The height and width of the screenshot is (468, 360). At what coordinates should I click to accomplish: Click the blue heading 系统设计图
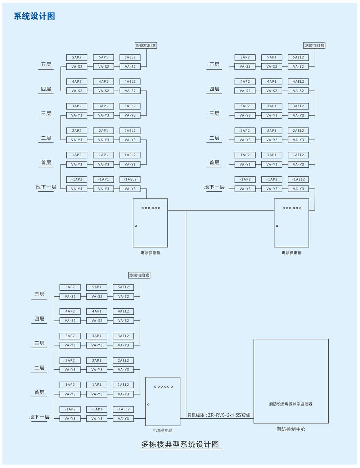tap(34, 16)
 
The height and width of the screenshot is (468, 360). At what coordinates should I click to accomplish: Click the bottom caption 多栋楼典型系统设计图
tap(180, 444)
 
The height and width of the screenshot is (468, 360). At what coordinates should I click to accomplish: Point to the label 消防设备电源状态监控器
tap(291, 404)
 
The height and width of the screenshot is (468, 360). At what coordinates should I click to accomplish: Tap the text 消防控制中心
tap(291, 429)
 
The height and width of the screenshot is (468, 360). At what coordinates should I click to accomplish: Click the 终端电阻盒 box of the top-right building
tap(314, 45)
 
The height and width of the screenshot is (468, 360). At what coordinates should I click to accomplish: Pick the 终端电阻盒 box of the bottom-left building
tap(139, 275)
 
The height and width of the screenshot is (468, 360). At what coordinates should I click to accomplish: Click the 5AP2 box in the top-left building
tap(77, 57)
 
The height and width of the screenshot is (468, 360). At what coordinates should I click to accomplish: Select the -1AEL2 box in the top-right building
tap(298, 179)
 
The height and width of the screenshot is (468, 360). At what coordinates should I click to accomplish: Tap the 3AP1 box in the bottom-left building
tap(97, 336)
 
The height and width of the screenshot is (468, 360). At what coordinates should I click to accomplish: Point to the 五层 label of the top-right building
tap(214, 64)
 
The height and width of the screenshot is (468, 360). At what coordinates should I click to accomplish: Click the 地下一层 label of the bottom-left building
tap(39, 417)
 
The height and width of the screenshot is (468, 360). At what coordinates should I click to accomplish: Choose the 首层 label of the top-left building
tap(46, 163)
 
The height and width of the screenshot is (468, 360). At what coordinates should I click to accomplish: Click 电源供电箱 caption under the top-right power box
tap(292, 253)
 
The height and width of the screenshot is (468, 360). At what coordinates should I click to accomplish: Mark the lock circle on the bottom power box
tap(148, 405)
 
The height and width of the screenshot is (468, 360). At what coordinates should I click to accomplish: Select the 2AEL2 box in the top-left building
tap(130, 131)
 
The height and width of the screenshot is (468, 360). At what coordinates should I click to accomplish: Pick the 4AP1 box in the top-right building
tap(272, 82)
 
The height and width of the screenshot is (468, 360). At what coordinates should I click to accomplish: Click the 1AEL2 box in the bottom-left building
tap(123, 385)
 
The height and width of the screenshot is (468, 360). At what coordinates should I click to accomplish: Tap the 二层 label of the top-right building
tap(214, 138)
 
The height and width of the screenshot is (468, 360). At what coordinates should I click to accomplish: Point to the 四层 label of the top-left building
tap(46, 89)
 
